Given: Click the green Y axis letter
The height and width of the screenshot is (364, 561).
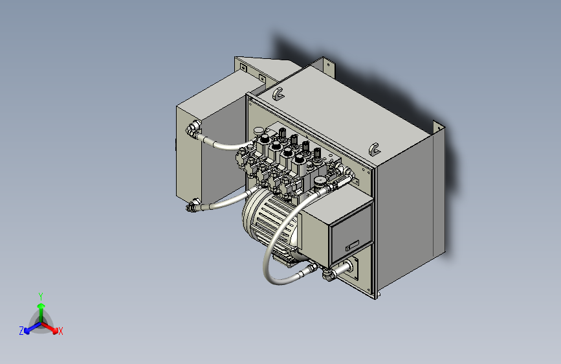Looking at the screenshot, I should [x=41, y=295].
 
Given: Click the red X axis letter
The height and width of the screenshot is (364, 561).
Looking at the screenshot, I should [x=61, y=332].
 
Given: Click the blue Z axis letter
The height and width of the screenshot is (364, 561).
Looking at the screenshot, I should [x=21, y=331].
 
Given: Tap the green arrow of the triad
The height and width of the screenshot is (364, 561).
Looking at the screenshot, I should [x=41, y=310].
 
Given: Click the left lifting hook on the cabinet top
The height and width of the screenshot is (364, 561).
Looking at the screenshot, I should [x=278, y=94].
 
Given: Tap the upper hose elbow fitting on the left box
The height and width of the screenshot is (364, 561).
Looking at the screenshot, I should [x=192, y=130].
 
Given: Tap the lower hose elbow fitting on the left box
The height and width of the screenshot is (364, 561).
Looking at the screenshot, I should [x=192, y=207].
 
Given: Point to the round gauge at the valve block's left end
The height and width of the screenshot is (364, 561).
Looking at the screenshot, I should [x=259, y=132].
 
